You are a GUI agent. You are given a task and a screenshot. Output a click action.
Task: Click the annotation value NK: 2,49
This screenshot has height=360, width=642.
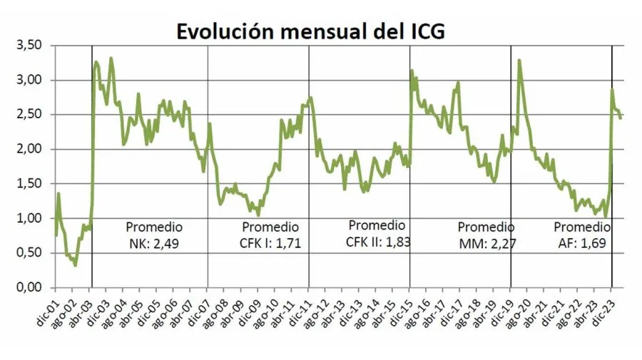[x=153, y=245]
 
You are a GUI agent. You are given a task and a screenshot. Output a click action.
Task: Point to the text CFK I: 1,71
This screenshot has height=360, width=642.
[x=267, y=245]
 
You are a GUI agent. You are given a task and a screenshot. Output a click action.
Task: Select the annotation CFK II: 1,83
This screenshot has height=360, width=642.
[x=378, y=242]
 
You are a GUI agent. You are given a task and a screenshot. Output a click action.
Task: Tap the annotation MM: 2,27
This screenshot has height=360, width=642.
[x=488, y=245]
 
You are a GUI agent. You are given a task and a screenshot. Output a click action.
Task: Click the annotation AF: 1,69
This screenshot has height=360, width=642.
[x=581, y=245]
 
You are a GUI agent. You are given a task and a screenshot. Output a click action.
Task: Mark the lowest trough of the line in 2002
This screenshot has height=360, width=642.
[x=75, y=265]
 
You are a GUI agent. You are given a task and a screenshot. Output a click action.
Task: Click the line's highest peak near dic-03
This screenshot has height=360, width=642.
[x=111, y=58]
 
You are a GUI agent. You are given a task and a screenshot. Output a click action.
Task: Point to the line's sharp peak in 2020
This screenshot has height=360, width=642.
[x=519, y=61]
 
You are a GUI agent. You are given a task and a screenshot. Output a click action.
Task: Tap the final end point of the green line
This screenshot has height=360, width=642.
[x=621, y=118]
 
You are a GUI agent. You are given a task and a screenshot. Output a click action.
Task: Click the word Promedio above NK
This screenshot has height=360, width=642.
[x=154, y=227]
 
